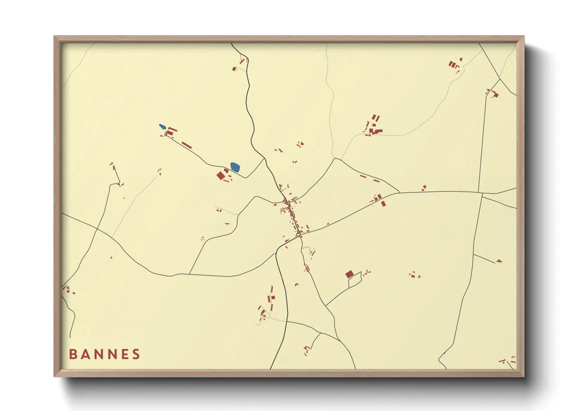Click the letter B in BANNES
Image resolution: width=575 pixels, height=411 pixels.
pyautogui.click(x=72, y=354)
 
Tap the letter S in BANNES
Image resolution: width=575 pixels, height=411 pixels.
pyautogui.click(x=136, y=354)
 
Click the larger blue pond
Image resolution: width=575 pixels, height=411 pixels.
pyautogui.click(x=235, y=167)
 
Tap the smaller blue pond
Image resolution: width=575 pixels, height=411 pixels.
pyautogui.click(x=162, y=126)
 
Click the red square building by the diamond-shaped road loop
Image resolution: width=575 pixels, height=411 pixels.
pyautogui.click(x=349, y=274)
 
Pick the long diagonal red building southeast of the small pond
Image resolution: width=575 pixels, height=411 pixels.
pyautogui.click(x=186, y=145)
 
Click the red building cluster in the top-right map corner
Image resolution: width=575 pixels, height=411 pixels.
pyautogui.click(x=453, y=64)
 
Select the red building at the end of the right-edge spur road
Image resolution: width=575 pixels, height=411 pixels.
pyautogui.click(x=499, y=261)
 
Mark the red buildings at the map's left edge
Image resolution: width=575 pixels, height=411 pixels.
pyautogui.click(x=67, y=289)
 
